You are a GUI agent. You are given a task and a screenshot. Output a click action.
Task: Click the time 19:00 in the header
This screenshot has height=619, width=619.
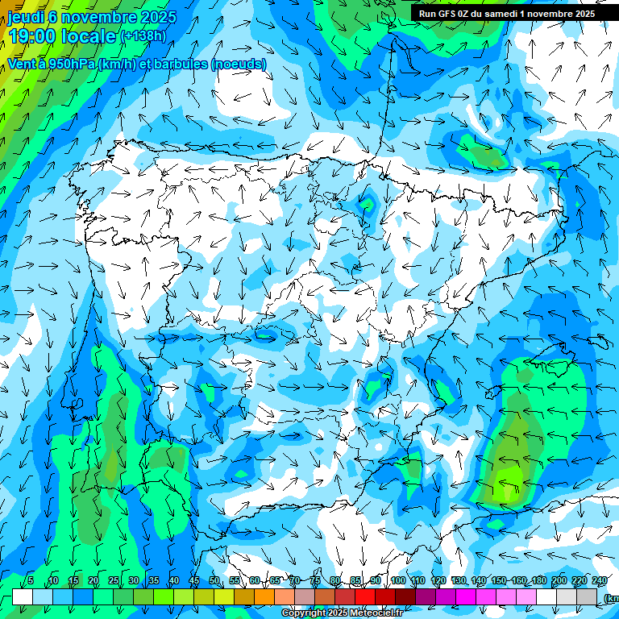point(31,36)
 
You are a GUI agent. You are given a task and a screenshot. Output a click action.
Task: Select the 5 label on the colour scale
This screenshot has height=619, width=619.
point(31,581)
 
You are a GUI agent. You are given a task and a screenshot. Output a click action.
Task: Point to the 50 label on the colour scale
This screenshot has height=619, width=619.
point(214,581)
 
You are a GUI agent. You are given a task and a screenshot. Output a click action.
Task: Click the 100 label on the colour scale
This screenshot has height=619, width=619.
point(398,581)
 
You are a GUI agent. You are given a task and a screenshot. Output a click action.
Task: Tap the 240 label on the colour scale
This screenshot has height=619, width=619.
point(600,581)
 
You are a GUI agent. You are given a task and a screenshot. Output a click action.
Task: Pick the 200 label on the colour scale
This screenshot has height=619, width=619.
point(559,581)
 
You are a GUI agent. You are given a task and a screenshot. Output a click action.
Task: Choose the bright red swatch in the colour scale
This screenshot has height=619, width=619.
point(365,596)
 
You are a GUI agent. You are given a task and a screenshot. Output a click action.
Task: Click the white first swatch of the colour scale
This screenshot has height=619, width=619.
point(23,596)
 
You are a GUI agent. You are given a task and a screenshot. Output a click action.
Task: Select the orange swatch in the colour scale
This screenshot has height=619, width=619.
point(264,596)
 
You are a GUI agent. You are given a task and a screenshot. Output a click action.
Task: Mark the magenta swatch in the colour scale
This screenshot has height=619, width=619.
point(466,596)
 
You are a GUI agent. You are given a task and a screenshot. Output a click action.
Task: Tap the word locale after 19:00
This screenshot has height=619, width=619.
point(89,36)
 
